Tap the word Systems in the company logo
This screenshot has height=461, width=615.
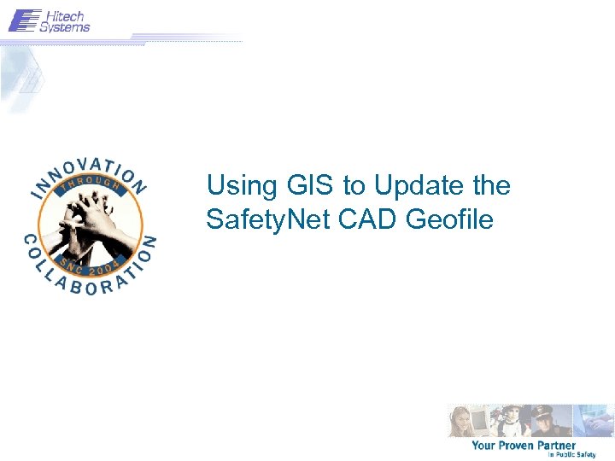pos(65,26)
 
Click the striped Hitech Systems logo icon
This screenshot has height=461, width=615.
pos(24,20)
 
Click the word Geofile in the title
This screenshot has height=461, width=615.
pos(450,220)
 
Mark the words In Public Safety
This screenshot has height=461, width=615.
pos(571,455)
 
